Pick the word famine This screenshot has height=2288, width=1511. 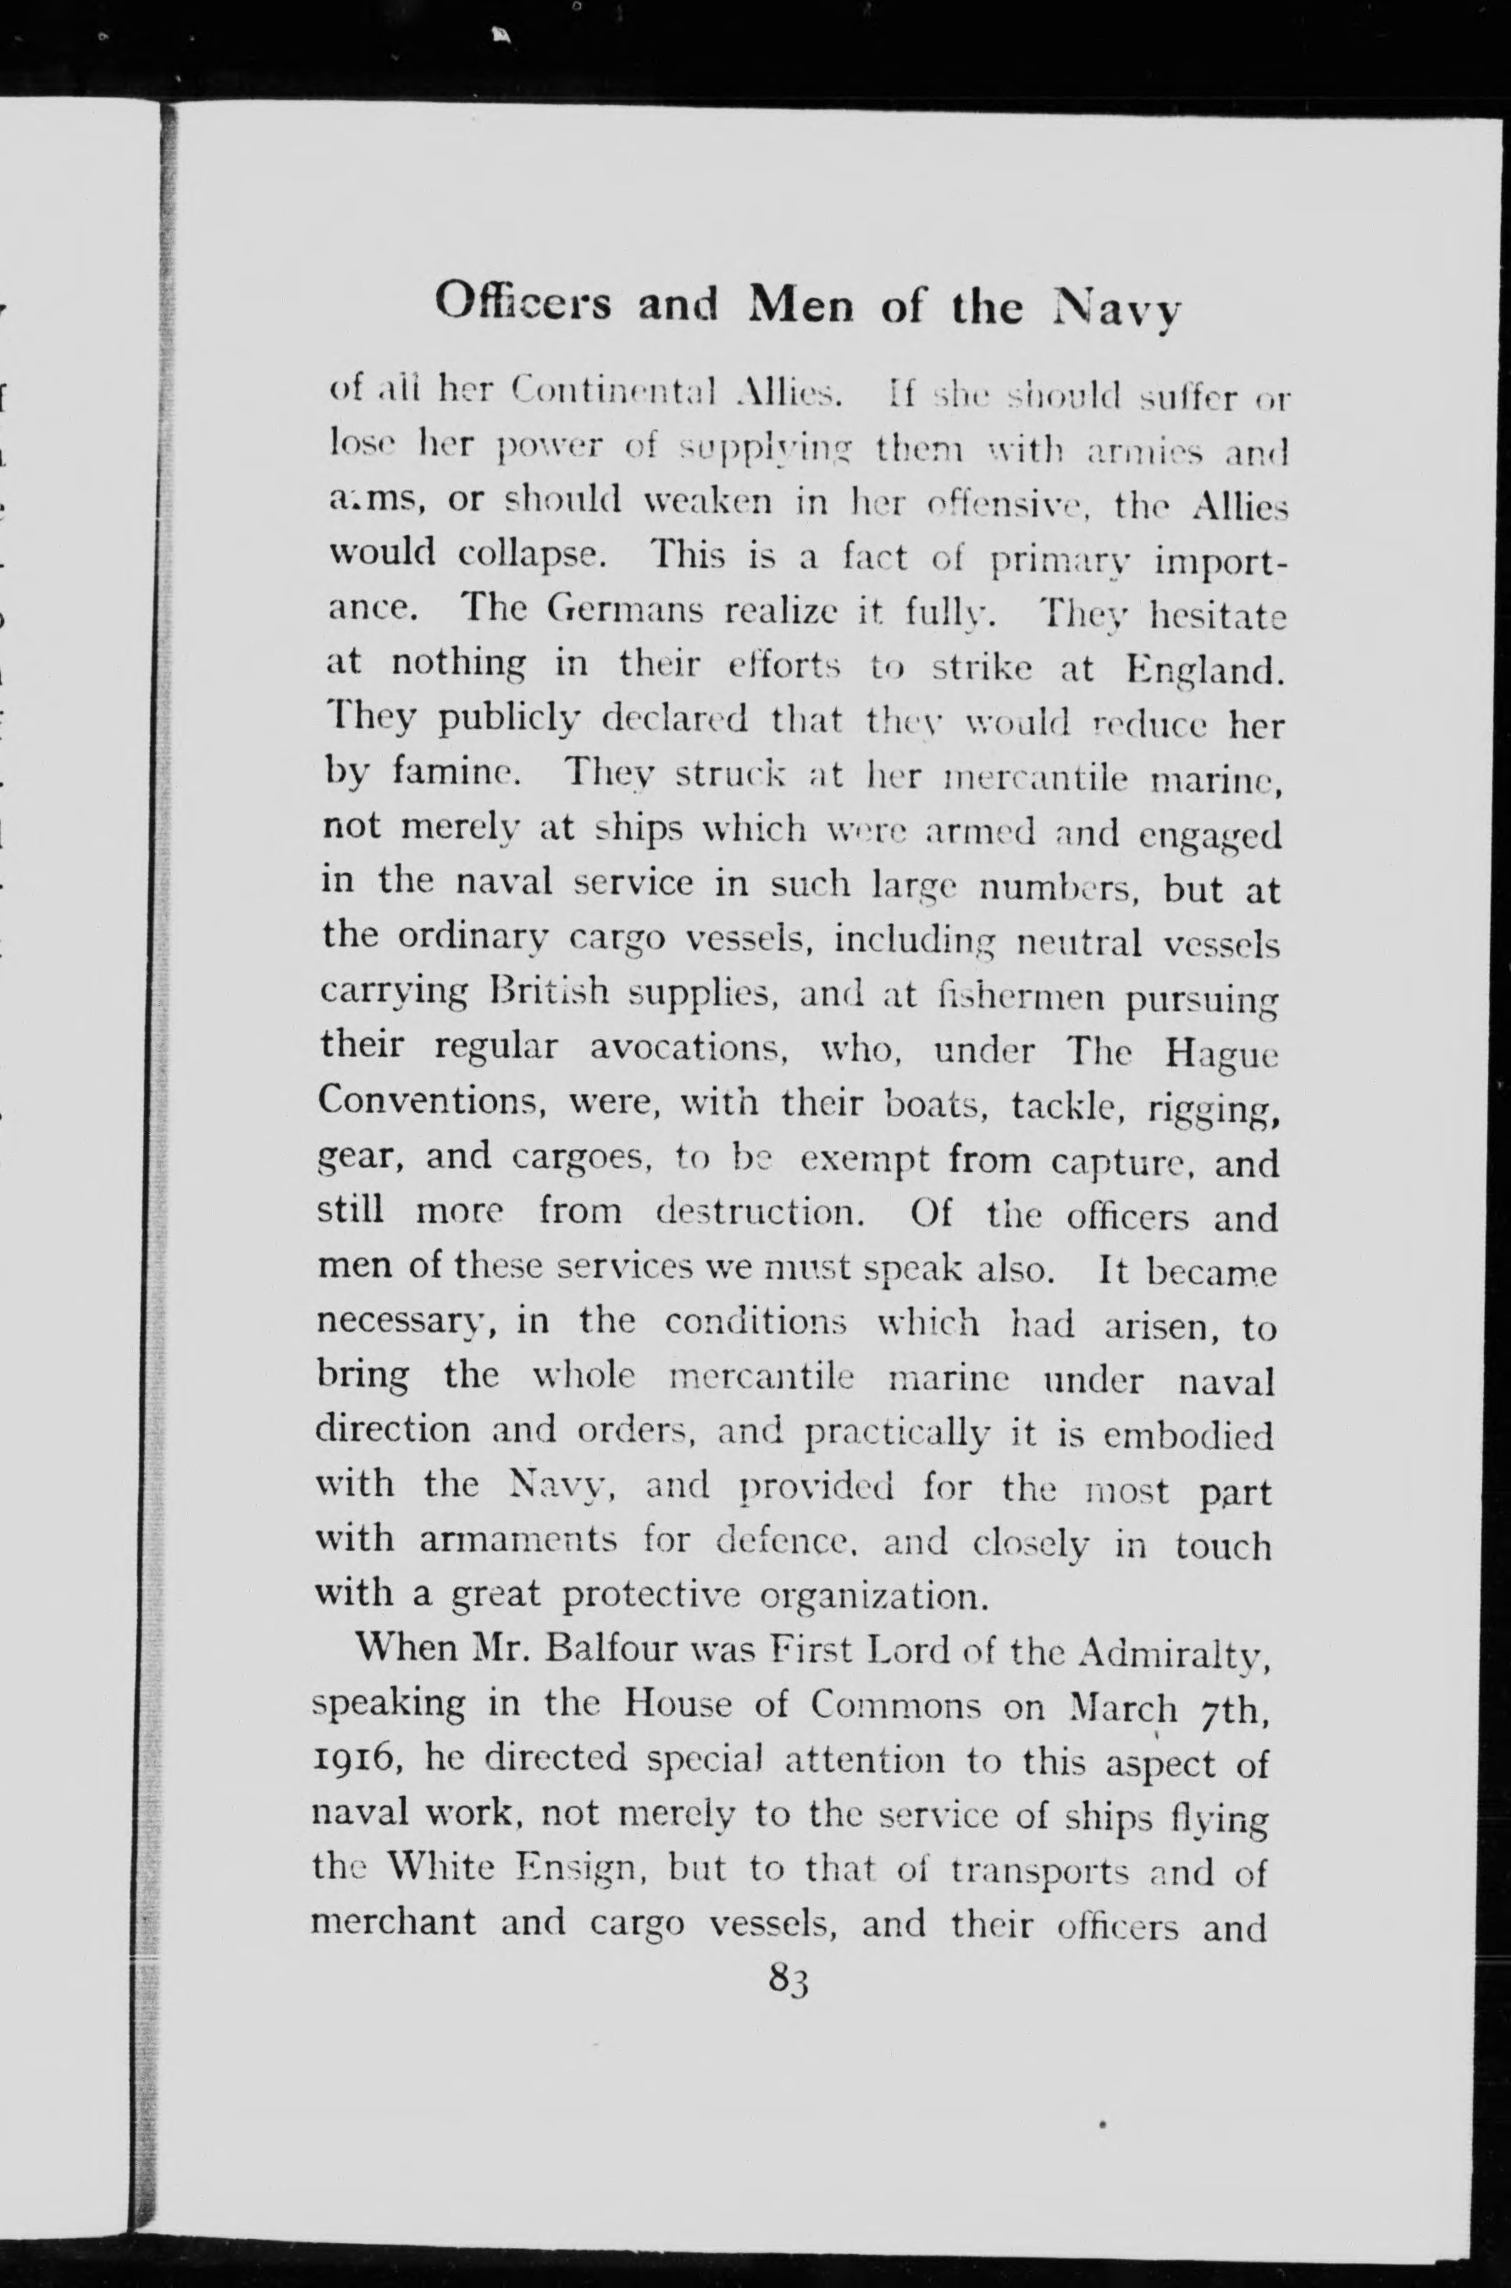pyautogui.click(x=456, y=775)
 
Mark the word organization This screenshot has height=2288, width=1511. pyautogui.click(x=874, y=1595)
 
